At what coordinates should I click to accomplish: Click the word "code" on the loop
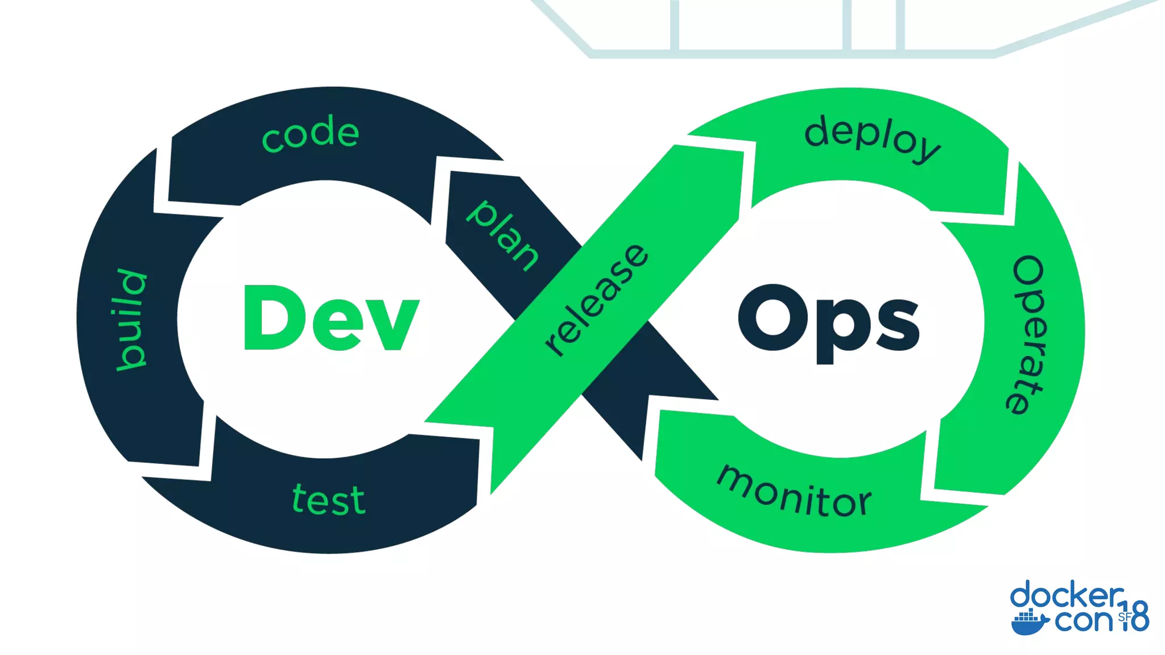pyautogui.click(x=311, y=134)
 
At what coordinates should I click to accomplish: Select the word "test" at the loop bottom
pyautogui.click(x=328, y=500)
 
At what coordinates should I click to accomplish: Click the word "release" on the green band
pyautogui.click(x=596, y=300)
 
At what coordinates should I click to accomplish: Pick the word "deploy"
pyautogui.click(x=872, y=138)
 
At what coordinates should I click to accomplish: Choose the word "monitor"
pyautogui.click(x=794, y=492)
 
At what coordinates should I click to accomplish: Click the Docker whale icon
pyautogui.click(x=1030, y=622)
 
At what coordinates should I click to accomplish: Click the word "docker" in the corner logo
pyautogui.click(x=1067, y=596)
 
